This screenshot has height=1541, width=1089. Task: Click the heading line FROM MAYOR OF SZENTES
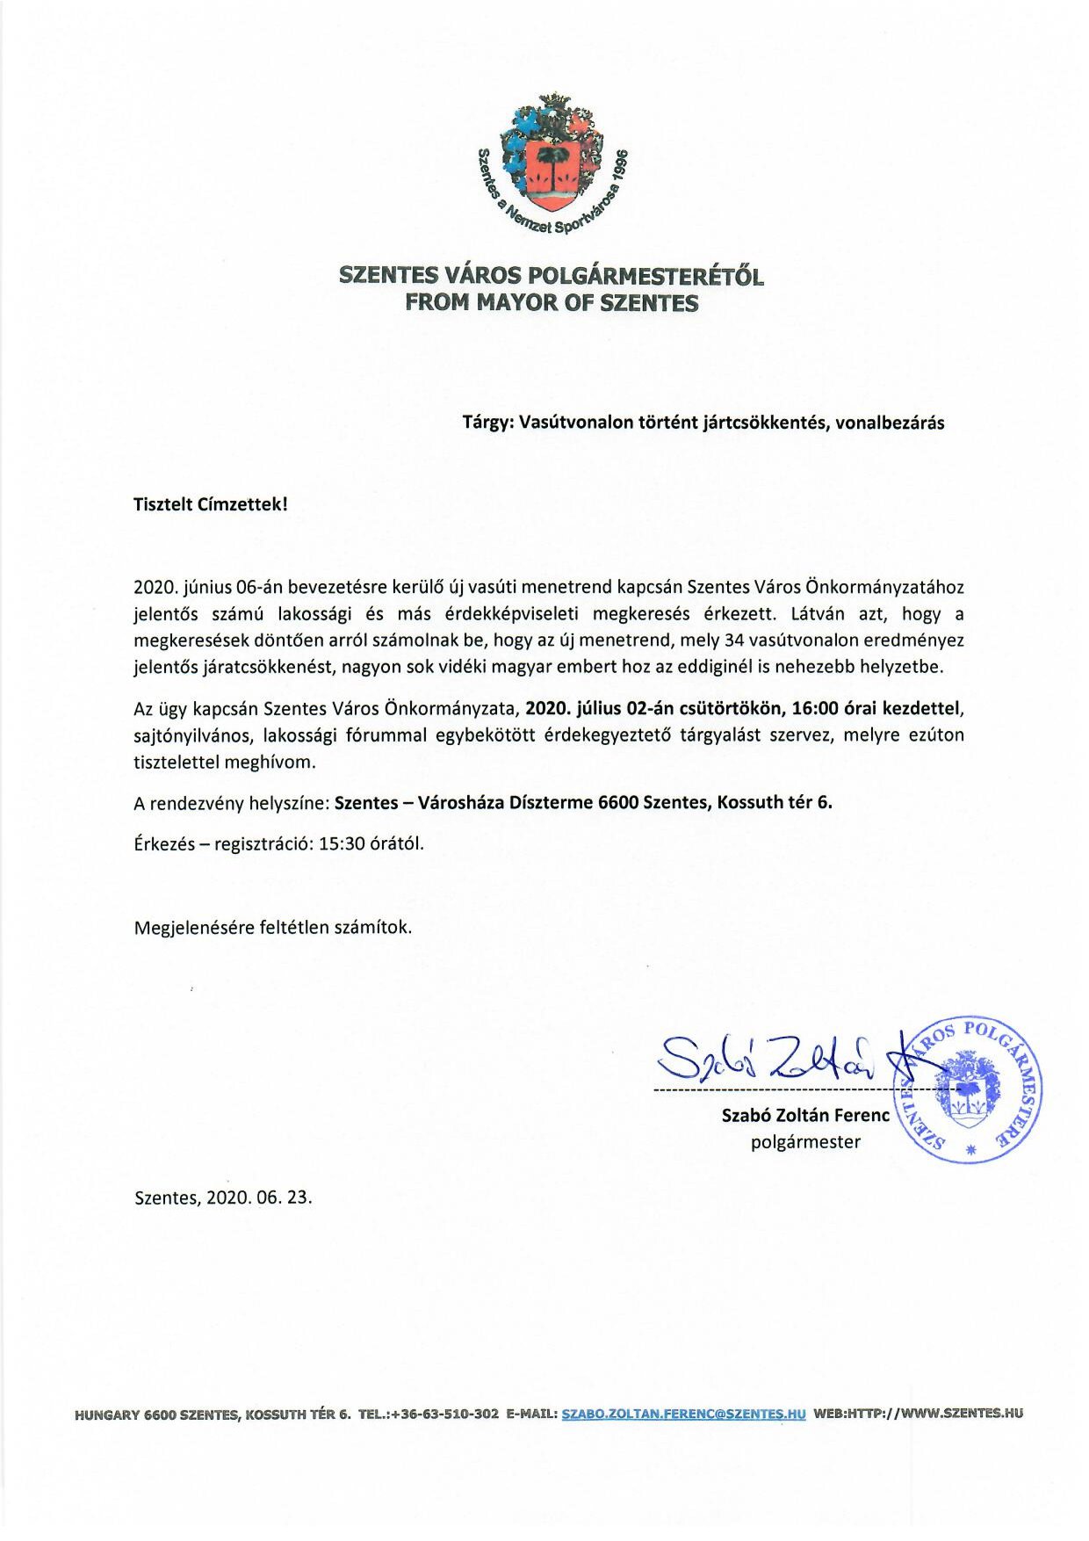552,303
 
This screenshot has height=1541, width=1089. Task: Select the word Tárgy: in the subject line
488,423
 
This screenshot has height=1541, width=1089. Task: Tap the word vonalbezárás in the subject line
890,423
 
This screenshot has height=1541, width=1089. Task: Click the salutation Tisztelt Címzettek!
211,504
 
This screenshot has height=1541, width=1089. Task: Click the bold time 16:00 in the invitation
814,708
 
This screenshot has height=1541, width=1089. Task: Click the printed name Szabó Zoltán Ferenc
805,1115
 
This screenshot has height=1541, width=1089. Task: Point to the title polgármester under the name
805,1142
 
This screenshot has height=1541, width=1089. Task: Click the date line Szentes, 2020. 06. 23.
223,1197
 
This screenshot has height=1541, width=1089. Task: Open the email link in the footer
682,1414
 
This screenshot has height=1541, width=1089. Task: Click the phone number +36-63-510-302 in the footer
444,1414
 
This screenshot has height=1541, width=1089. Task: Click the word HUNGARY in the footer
108,1414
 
